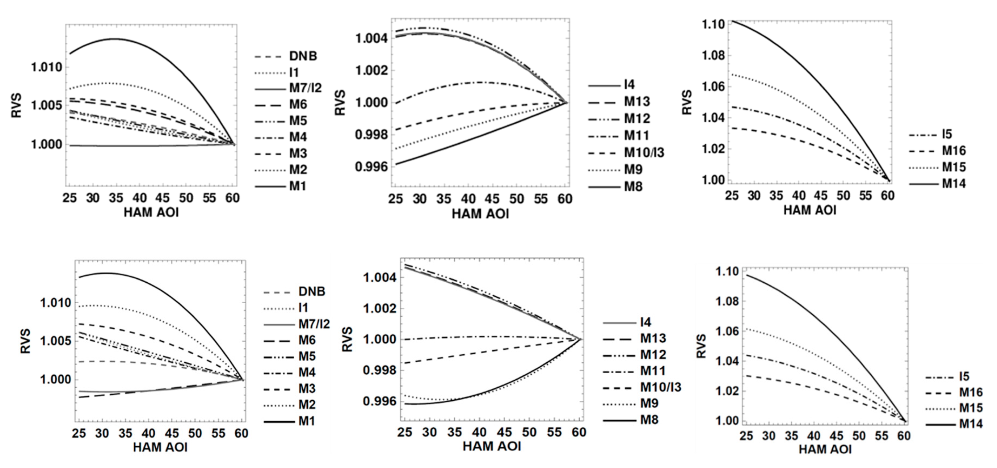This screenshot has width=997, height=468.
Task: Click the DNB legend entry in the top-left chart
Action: point(303,56)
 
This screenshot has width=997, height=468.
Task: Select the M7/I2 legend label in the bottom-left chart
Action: point(314,324)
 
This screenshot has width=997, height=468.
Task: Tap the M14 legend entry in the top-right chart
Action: point(954,184)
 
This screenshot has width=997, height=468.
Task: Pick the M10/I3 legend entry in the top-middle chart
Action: point(644,152)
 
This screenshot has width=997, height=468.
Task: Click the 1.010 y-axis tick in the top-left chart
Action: point(47,67)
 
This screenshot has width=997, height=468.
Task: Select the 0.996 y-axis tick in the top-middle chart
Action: point(370,167)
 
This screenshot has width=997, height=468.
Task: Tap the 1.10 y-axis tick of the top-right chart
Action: point(713,24)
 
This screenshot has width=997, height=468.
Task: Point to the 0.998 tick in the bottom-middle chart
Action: point(380,370)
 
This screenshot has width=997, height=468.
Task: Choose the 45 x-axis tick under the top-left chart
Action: point(163,198)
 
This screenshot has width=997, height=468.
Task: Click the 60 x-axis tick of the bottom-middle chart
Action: point(579,433)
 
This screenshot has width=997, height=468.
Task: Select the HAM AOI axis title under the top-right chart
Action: point(810,211)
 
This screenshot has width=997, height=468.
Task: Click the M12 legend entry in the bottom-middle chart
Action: point(653,355)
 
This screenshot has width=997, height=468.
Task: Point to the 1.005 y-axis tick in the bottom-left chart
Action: point(56,341)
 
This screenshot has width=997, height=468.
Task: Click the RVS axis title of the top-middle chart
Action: point(340,103)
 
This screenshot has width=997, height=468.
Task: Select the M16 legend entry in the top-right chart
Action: point(954,151)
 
